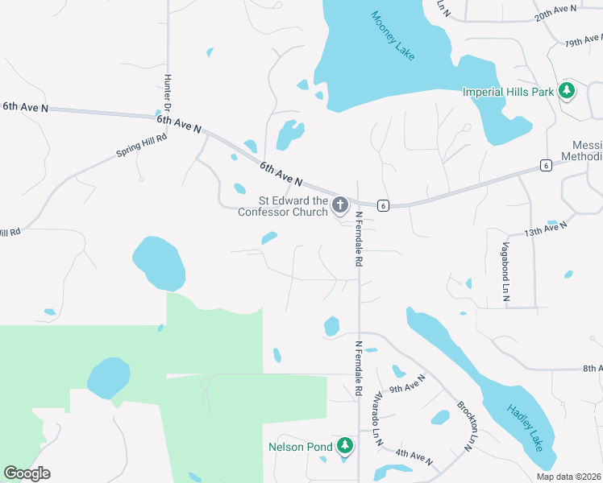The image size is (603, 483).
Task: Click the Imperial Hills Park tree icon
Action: coord(568,90)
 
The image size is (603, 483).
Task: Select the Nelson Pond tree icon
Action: coord(345,445)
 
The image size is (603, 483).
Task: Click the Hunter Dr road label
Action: coord(168,93)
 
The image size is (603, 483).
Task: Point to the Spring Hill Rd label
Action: coord(141,146)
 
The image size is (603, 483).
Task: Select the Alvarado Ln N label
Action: coord(376,419)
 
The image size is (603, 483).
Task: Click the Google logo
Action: coord(27,473)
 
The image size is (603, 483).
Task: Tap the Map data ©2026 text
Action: coord(568,477)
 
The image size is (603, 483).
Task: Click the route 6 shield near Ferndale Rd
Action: coord(383,205)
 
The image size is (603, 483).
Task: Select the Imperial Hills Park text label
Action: coord(509,92)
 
